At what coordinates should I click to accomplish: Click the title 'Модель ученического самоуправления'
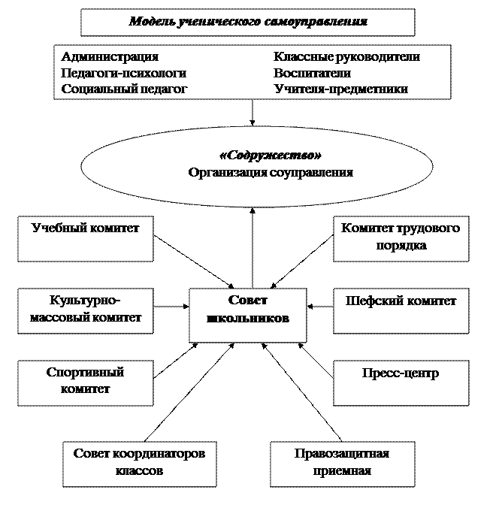[248, 22]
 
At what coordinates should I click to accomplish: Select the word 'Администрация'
[110, 56]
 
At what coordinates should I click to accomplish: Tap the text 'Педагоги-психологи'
[123, 73]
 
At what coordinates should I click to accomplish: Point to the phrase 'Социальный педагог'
[124, 89]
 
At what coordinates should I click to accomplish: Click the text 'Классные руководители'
[346, 56]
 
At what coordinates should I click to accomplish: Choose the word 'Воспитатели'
[312, 73]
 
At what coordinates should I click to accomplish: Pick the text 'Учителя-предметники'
[340, 89]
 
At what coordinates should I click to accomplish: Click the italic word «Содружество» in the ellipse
[271, 156]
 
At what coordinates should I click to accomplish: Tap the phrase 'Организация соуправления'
[271, 173]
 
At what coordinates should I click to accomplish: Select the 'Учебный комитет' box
[86, 238]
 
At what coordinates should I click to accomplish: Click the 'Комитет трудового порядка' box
[401, 238]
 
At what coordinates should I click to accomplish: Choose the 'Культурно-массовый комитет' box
[86, 311]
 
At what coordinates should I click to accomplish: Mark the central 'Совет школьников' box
[248, 315]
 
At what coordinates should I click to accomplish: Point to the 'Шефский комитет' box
[401, 311]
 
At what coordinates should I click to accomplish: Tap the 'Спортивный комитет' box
[86, 383]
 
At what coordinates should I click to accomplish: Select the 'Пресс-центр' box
[401, 383]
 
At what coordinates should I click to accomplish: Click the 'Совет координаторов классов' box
[140, 464]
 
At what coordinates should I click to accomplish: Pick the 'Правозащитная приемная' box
[343, 464]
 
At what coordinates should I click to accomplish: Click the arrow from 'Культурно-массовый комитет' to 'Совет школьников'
[171, 306]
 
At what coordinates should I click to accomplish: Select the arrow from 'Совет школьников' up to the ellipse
[253, 248]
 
